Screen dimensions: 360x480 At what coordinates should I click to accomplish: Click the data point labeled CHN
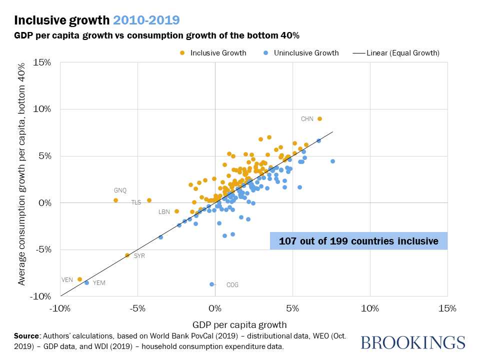319,119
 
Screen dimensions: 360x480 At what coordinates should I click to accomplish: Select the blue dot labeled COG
212,284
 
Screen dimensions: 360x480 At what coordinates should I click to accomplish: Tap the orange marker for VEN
79,279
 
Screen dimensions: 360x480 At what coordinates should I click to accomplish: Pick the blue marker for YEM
86,282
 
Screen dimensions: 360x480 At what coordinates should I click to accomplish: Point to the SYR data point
127,255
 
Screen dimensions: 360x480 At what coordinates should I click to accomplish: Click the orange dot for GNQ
115,200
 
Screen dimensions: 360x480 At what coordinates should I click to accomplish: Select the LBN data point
176,211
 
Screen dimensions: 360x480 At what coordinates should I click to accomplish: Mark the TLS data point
149,200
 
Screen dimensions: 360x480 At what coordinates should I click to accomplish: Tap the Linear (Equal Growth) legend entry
396,53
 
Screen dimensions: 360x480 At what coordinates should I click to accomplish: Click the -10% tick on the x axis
60,308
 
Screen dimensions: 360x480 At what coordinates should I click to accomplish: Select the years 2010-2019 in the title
146,20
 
